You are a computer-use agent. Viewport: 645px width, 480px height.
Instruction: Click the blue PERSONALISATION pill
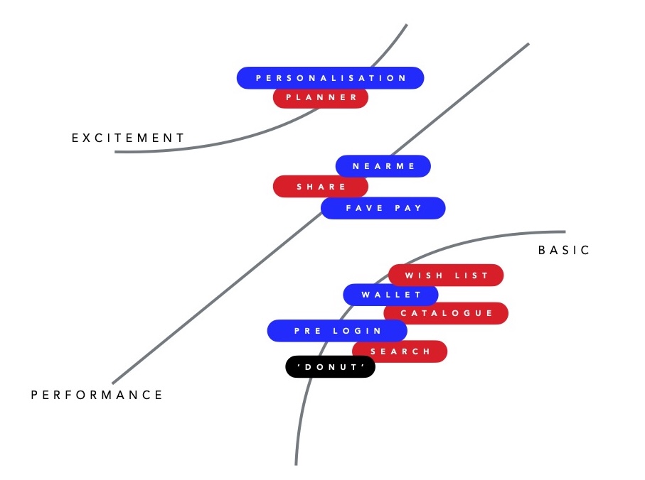(x=330, y=78)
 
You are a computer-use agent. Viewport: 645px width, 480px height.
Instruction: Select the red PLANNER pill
(x=321, y=98)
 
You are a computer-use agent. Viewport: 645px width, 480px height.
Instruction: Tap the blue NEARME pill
(x=383, y=166)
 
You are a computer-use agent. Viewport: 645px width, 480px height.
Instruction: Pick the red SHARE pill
(x=321, y=187)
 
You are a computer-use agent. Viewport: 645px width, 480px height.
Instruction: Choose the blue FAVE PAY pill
(x=383, y=208)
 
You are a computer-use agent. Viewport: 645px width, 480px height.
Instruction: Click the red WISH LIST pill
(x=446, y=275)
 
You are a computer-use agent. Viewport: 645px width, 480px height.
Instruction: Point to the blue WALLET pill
(x=390, y=295)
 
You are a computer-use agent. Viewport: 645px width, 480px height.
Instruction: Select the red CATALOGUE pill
(x=446, y=313)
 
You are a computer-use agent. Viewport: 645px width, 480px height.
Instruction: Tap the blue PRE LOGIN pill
(x=337, y=331)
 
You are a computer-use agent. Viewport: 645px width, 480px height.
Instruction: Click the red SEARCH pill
(x=400, y=351)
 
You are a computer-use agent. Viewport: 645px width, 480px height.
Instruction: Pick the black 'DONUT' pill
(x=330, y=367)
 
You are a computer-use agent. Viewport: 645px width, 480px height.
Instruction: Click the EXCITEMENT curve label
(x=128, y=138)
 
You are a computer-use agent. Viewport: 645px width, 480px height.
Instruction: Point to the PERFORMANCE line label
(x=97, y=395)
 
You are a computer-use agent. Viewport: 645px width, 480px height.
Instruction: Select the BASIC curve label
(x=565, y=250)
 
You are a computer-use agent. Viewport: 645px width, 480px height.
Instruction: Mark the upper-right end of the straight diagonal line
(x=528, y=44)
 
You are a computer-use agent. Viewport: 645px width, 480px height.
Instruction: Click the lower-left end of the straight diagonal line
(x=113, y=383)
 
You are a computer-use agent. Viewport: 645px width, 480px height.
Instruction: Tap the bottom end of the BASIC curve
(x=296, y=464)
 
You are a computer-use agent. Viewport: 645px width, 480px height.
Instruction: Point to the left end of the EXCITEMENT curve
(x=116, y=151)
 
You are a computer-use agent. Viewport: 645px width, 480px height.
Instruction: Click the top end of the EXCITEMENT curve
(x=406, y=26)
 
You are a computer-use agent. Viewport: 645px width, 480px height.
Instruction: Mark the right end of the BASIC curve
(x=565, y=232)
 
